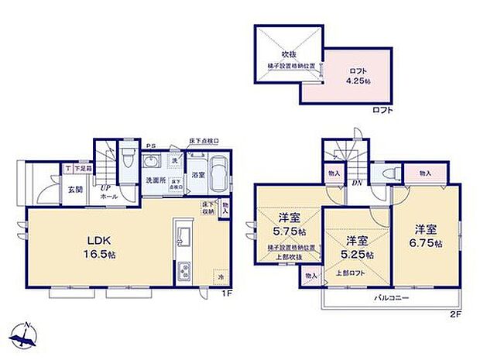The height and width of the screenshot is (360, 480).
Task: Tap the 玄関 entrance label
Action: (75, 189)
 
